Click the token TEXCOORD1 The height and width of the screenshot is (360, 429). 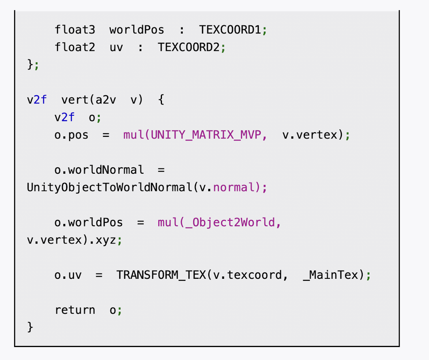[x=230, y=30]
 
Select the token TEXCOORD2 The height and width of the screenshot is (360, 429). [x=189, y=47]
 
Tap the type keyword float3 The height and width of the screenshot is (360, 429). [x=75, y=30]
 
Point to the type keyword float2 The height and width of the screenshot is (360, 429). [x=75, y=47]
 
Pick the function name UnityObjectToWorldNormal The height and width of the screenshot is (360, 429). [x=109, y=187]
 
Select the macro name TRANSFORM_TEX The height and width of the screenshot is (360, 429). [x=161, y=275]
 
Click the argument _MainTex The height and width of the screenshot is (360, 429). [x=331, y=275]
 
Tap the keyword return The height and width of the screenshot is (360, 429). [x=75, y=310]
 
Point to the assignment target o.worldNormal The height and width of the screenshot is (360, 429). [x=99, y=170]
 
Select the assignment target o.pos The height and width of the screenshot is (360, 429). [x=71, y=135]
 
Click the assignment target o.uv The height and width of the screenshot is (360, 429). [x=68, y=275]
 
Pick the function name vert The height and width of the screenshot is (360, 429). [x=75, y=100]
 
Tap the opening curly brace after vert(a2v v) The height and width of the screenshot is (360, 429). [x=161, y=100]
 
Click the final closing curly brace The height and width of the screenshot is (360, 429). [x=30, y=327]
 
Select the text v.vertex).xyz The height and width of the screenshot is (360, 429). [x=71, y=240]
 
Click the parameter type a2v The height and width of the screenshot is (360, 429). [x=106, y=100]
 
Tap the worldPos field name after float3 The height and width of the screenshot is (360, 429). [x=137, y=30]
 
